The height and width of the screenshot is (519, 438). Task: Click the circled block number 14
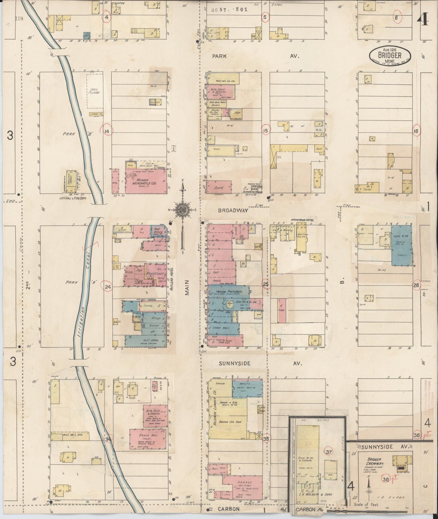click(x=107, y=131)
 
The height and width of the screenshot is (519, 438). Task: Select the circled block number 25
click(x=266, y=284)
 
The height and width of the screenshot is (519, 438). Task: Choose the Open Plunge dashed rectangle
click(x=94, y=92)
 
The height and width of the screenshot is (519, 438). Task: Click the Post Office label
click(x=159, y=231)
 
